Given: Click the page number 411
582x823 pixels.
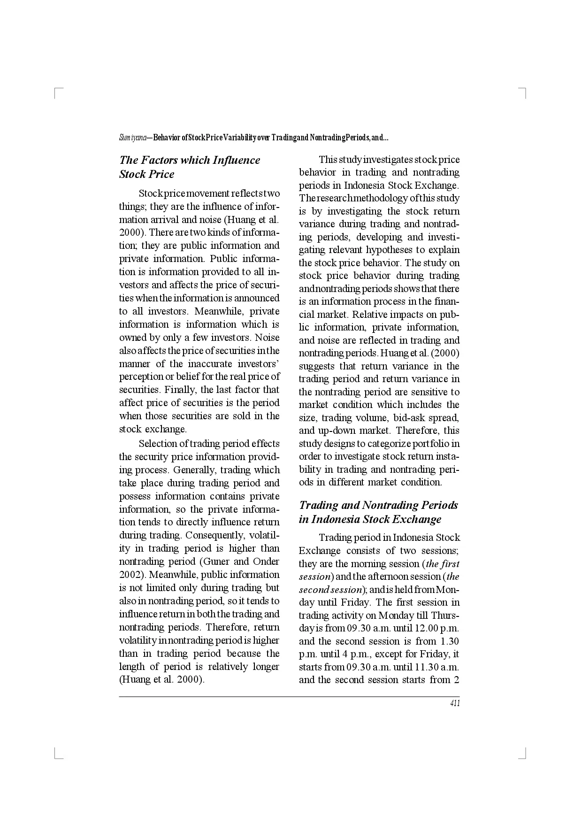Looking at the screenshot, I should (x=454, y=703).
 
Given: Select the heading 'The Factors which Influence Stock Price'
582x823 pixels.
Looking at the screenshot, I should (x=190, y=167).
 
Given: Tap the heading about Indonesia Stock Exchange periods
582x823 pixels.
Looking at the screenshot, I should (x=378, y=512).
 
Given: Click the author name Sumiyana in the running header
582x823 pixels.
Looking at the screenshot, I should (x=133, y=138).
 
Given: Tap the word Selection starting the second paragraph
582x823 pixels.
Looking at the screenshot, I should (x=157, y=444).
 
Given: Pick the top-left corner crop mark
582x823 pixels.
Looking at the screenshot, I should (x=57, y=92).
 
